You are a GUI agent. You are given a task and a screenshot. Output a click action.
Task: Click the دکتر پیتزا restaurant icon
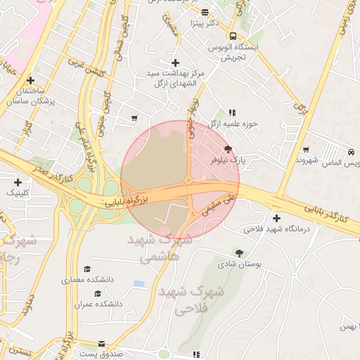205,13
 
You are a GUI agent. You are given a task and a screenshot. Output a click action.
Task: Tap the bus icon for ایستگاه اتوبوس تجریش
232,36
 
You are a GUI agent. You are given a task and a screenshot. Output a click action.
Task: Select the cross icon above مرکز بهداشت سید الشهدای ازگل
175,63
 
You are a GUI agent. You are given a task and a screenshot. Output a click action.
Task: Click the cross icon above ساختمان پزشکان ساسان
30,81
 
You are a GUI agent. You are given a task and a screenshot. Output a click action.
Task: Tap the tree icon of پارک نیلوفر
228,149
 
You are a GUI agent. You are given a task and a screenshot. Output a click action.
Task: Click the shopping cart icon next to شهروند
306,149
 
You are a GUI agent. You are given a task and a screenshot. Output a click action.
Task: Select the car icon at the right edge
350,152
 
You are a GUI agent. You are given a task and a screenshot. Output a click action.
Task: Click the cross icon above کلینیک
18,182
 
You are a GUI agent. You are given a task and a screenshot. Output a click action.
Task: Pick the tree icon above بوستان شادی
240,252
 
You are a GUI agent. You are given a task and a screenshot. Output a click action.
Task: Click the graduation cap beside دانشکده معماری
87,269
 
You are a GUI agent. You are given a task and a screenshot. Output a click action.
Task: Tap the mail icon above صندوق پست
102,344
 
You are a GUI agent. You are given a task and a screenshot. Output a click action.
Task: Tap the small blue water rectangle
139,283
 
